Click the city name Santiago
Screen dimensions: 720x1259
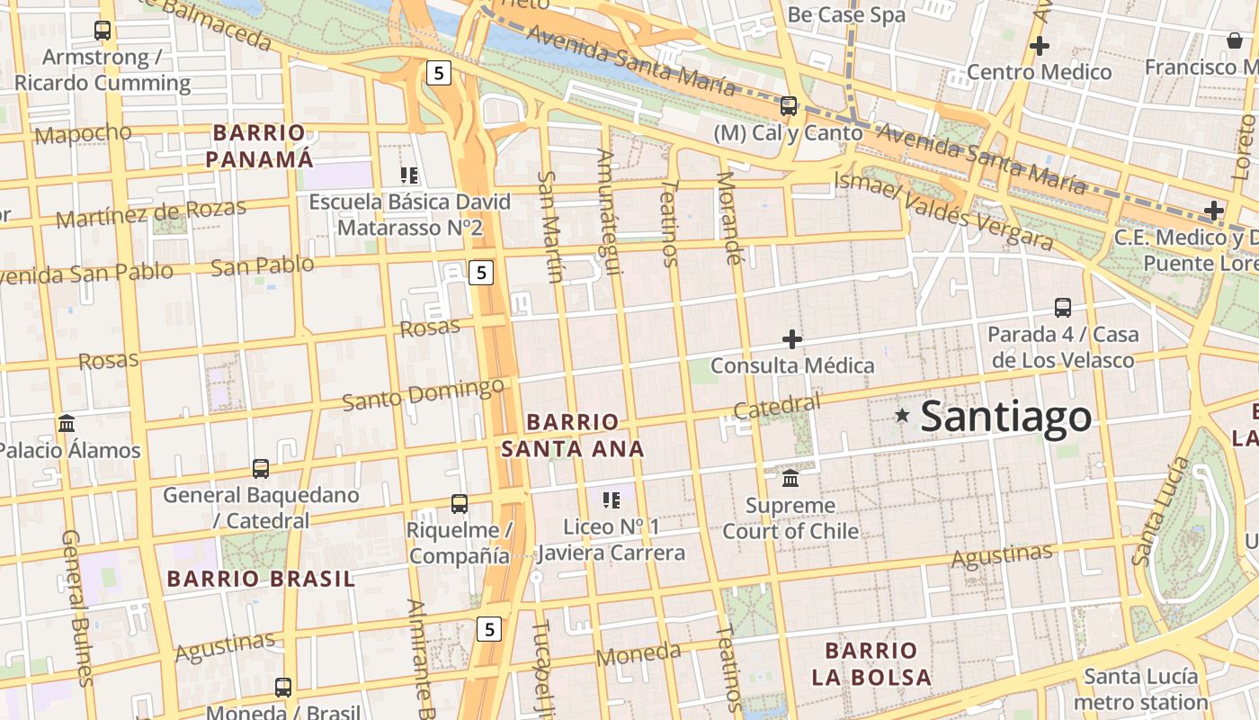[x=1006, y=417]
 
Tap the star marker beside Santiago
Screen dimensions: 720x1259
[x=902, y=415]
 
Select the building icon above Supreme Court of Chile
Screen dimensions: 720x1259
[x=790, y=477]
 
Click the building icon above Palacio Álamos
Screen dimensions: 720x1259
[x=67, y=423]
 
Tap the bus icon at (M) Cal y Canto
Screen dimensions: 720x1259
[x=789, y=106]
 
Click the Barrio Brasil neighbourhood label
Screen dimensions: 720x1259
[x=262, y=579]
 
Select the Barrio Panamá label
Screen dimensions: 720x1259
[x=259, y=147]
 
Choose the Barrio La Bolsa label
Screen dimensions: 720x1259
[x=871, y=663]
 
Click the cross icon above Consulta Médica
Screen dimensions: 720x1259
[x=791, y=339]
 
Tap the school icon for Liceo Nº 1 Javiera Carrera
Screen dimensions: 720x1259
[x=612, y=499]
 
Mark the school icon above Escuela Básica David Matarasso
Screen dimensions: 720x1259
[x=409, y=175]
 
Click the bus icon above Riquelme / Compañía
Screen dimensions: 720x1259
[x=459, y=504]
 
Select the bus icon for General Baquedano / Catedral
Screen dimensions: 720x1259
[x=261, y=469]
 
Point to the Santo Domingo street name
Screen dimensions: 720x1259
[x=423, y=394]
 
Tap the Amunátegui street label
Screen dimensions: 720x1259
[x=608, y=213]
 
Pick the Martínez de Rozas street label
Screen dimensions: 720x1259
[x=150, y=213]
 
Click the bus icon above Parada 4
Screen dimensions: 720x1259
[x=1063, y=308]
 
